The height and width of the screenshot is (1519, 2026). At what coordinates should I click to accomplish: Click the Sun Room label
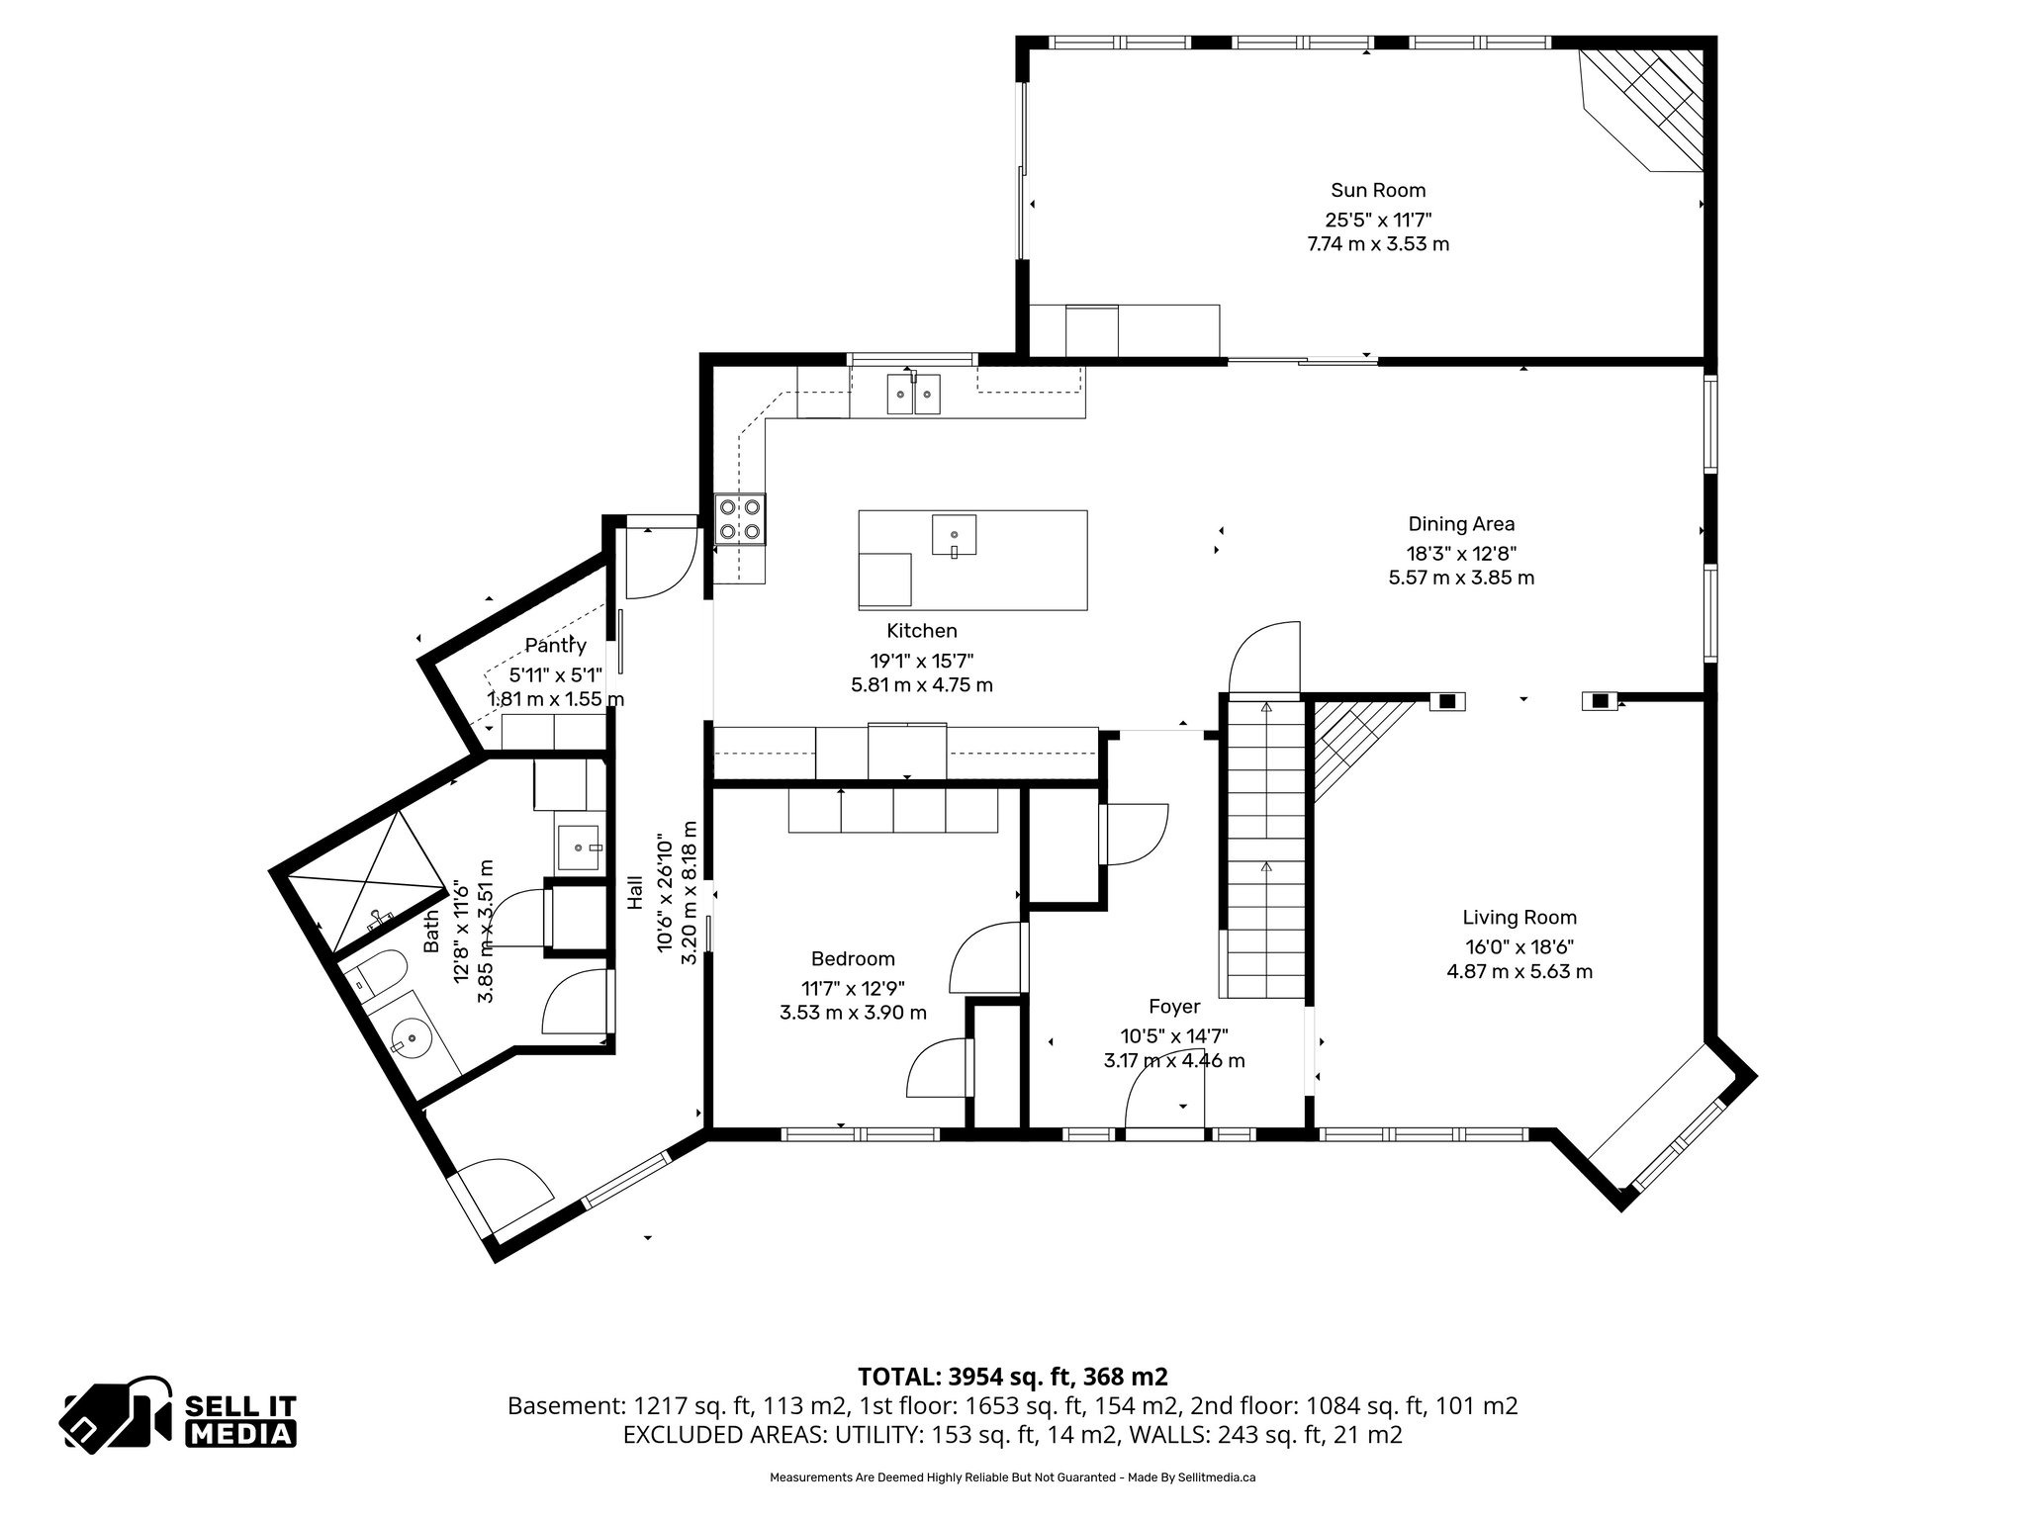tap(1378, 190)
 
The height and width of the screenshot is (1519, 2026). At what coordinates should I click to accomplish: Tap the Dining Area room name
tap(1461, 524)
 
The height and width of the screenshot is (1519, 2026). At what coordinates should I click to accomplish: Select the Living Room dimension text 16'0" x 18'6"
tap(1519, 945)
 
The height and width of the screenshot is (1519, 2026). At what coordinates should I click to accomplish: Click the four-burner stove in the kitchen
tap(741, 519)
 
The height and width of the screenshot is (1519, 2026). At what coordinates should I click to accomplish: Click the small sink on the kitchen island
tap(954, 536)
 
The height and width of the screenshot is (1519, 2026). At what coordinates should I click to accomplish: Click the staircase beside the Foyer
tap(1265, 850)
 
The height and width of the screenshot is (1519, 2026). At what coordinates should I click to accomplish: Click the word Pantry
tap(555, 646)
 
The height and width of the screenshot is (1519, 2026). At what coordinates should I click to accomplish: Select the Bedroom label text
tap(853, 958)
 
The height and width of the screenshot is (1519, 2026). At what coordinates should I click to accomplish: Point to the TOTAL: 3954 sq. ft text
tap(1012, 1377)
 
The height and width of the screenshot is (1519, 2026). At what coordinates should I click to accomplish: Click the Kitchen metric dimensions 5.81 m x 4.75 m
tap(922, 684)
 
